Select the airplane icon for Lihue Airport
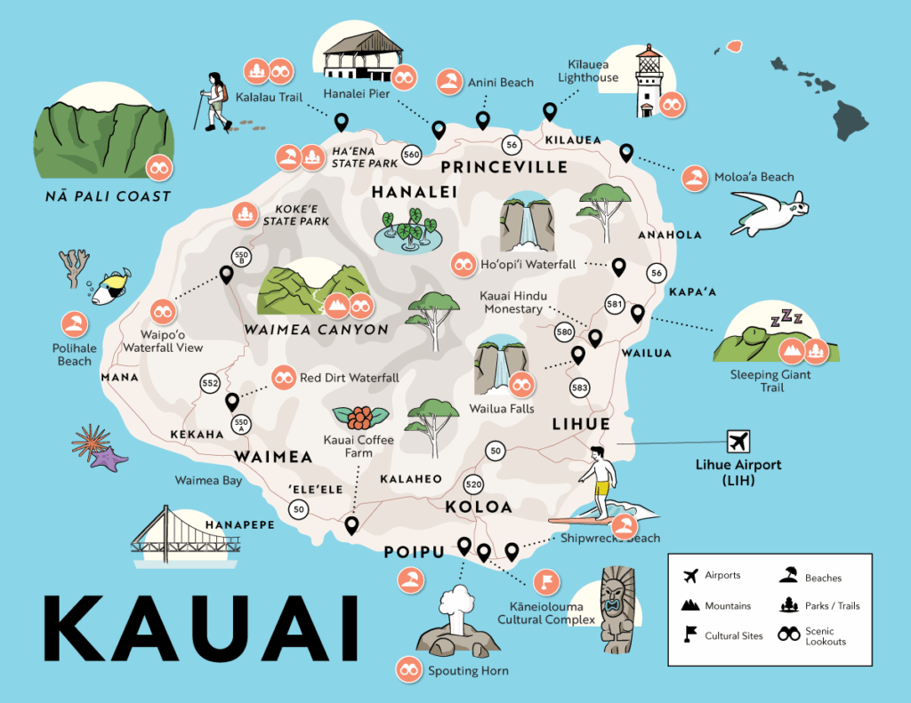(738, 441)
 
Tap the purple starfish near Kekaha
(109, 459)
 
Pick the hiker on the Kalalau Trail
(214, 100)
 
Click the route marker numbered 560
(411, 155)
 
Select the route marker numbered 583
(580, 387)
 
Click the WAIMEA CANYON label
(316, 330)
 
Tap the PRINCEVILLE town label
(504, 167)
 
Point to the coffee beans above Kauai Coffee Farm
(359, 416)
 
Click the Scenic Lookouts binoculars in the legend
(788, 635)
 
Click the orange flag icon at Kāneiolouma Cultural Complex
(544, 582)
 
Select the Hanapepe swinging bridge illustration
(186, 538)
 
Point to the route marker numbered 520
(473, 484)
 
